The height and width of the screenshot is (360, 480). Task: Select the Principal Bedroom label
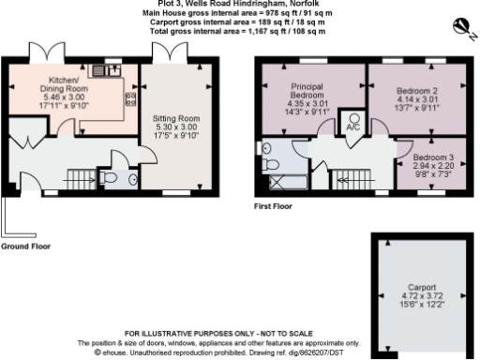tap(307, 91)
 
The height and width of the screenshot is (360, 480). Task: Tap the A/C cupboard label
tap(353, 127)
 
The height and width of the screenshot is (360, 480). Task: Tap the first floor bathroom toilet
tap(269, 147)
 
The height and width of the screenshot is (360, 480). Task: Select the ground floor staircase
tap(75, 176)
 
